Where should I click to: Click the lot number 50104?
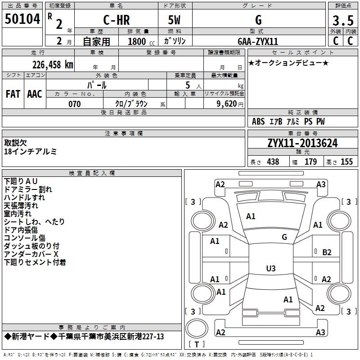tap(22, 19)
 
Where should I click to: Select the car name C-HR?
tap(117, 20)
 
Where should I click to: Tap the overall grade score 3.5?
tap(343, 21)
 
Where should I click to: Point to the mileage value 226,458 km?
tap(53, 65)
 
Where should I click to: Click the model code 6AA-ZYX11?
tap(258, 41)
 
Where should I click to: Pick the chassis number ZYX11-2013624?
tap(302, 143)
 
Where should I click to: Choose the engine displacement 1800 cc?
tap(141, 42)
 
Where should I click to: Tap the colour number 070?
tap(75, 104)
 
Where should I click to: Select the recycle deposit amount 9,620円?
tap(230, 104)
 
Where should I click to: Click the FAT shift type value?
tap(13, 94)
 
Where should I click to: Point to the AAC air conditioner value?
tap(35, 94)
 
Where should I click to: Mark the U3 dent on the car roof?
tap(271, 268)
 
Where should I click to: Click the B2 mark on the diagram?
tap(327, 252)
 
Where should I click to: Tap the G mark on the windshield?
tap(284, 237)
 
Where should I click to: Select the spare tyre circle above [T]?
tap(197, 328)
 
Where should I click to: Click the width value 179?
tap(310, 162)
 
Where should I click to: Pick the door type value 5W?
tap(174, 20)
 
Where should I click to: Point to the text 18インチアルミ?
tap(30, 152)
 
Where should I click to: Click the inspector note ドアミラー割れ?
tap(28, 189)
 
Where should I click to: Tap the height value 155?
tap(346, 162)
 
